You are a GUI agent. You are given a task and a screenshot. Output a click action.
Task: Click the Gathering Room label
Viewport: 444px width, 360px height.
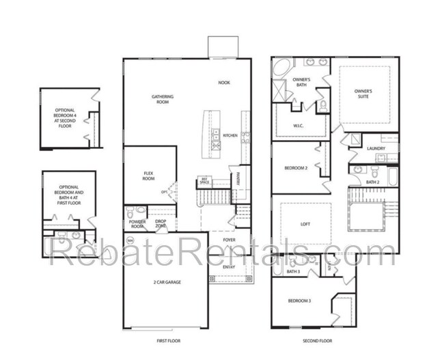tap(162, 100)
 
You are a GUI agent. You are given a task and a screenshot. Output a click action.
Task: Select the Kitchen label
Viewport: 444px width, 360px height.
tap(230, 135)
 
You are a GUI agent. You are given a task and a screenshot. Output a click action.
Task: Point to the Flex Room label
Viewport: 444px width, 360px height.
tap(148, 176)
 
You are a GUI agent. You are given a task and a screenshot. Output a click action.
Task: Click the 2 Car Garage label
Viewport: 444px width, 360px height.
tap(166, 281)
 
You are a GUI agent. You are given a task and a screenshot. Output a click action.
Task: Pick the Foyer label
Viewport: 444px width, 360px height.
tap(229, 240)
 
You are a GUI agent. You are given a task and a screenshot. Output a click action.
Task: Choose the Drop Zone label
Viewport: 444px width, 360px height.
tap(161, 223)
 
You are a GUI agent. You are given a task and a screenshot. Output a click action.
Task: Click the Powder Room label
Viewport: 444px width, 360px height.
tap(137, 223)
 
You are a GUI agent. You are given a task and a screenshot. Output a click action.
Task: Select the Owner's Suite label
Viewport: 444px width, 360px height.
tap(363, 93)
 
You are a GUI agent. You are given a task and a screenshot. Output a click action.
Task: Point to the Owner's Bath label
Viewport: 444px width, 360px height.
tap(301, 83)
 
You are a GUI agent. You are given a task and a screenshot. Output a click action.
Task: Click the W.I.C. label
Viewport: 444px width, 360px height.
tap(299, 126)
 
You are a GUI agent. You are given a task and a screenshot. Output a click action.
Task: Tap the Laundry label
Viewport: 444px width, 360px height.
tap(376, 148)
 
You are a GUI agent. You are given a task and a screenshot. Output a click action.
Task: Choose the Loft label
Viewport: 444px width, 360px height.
tap(305, 224)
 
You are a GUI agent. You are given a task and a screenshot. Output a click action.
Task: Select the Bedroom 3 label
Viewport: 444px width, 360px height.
tap(299, 301)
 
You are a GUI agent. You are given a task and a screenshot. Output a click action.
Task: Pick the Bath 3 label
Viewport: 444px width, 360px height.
tap(294, 272)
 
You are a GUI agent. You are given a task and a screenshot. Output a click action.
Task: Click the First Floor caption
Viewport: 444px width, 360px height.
tap(169, 340)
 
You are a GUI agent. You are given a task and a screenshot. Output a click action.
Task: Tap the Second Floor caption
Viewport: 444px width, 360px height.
tap(318, 340)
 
